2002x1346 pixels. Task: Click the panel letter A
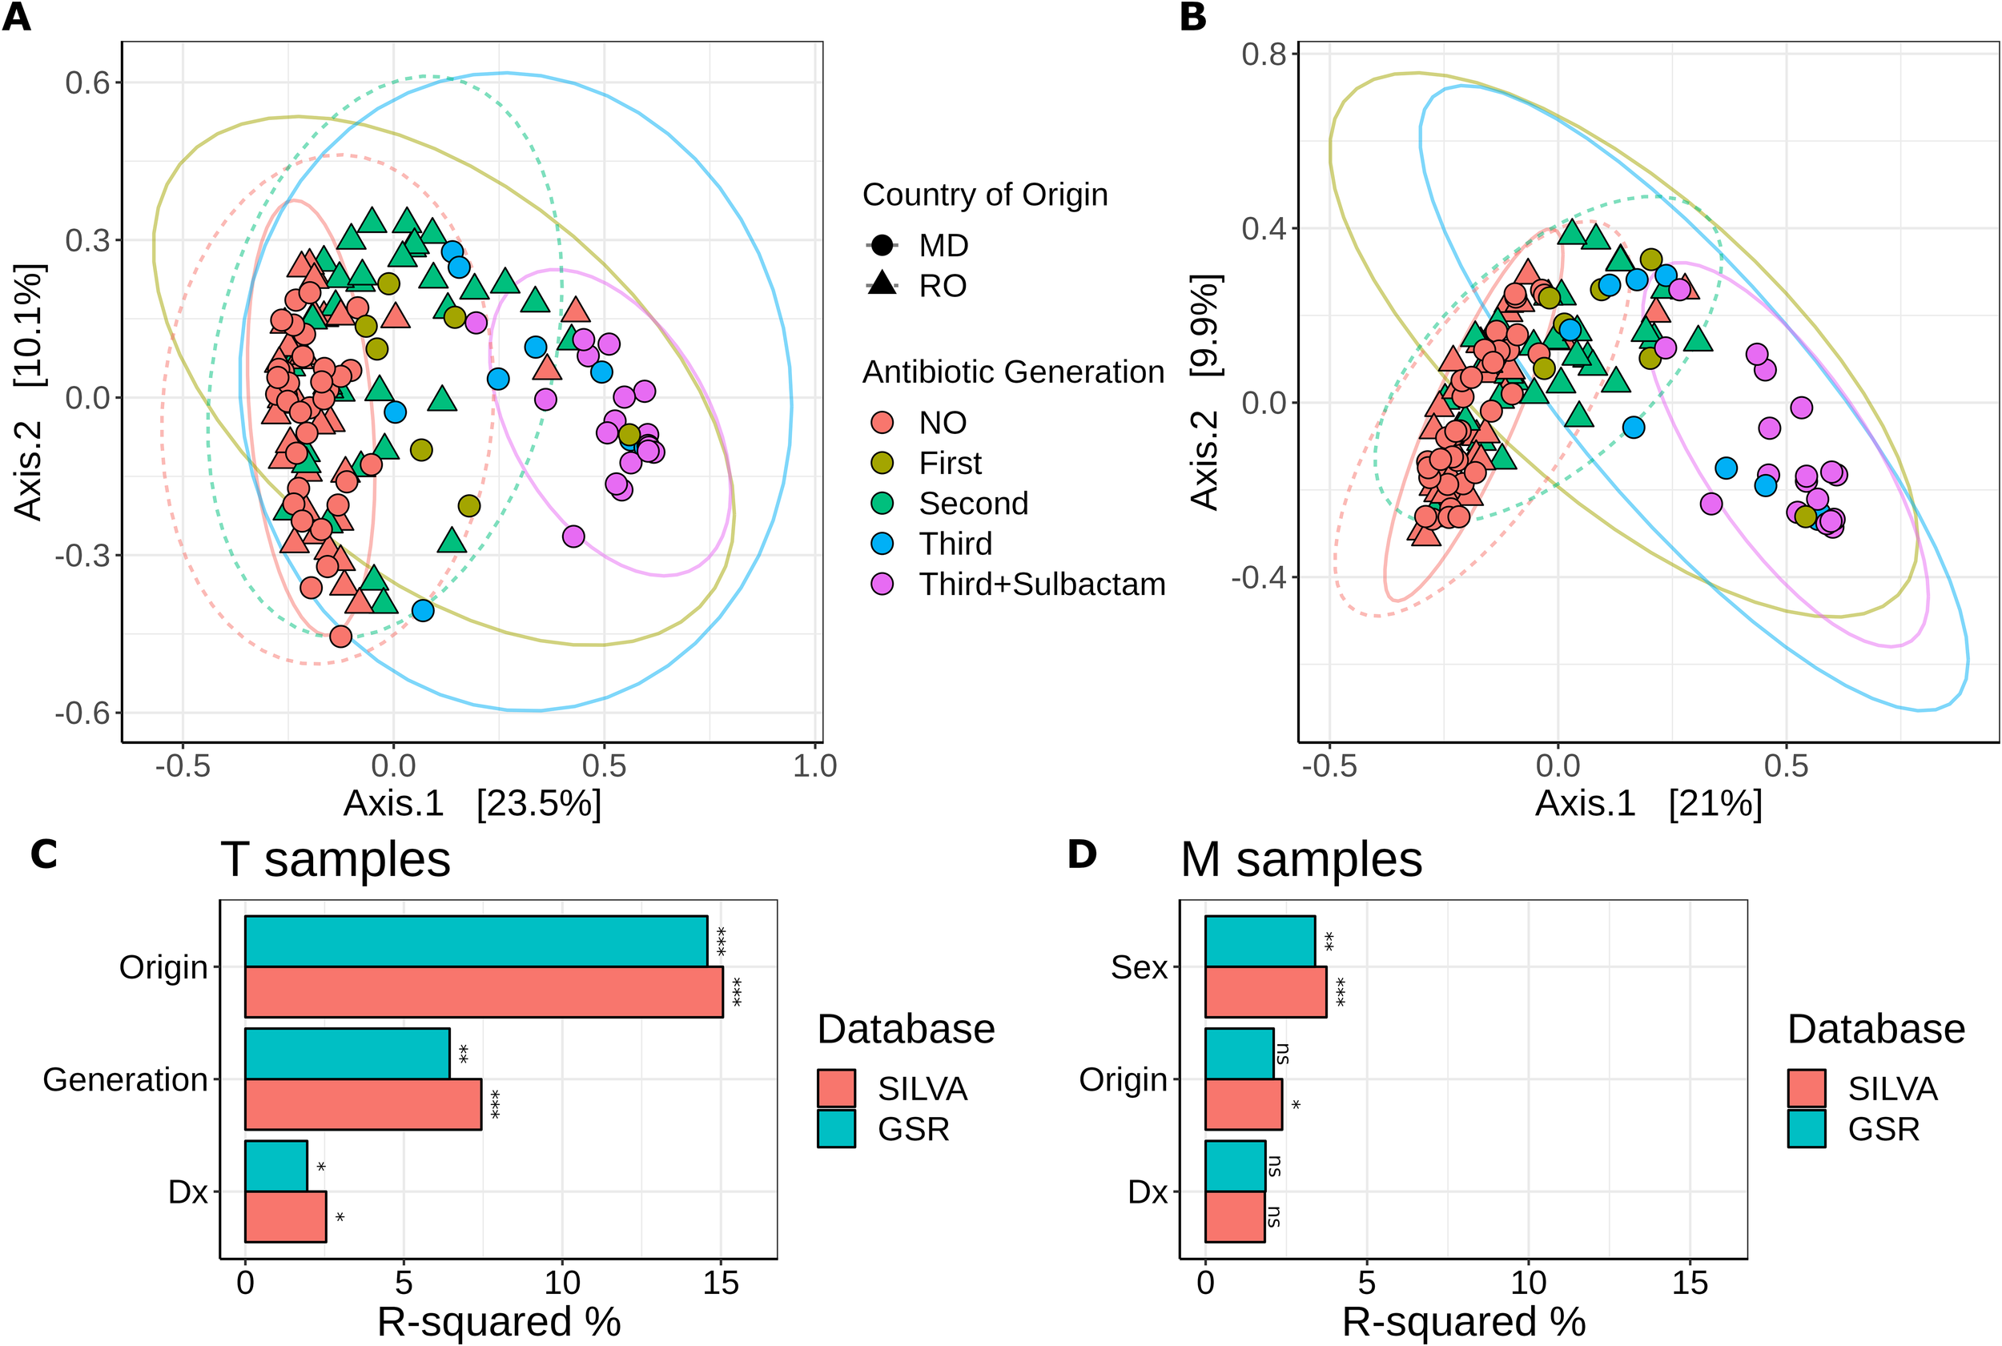pyautogui.click(x=16, y=17)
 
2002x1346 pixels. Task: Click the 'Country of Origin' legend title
pyautogui.click(x=985, y=195)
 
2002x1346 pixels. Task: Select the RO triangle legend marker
pyautogui.click(x=882, y=284)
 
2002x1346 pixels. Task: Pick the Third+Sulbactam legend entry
pyautogui.click(x=1041, y=584)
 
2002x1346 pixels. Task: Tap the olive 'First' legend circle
pyautogui.click(x=882, y=464)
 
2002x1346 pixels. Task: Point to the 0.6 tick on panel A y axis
pyautogui.click(x=88, y=82)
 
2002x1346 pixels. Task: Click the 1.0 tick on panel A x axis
pyautogui.click(x=814, y=765)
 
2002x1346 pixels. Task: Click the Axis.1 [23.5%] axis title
pyautogui.click(x=472, y=803)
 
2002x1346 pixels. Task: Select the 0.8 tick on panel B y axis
pyautogui.click(x=1264, y=54)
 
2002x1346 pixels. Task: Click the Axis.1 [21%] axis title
pyautogui.click(x=1647, y=803)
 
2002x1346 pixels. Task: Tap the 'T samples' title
pyautogui.click(x=335, y=859)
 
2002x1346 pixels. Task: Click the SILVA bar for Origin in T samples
pyautogui.click(x=484, y=992)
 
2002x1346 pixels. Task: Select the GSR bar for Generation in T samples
pyautogui.click(x=347, y=1053)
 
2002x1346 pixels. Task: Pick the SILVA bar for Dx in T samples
pyautogui.click(x=285, y=1216)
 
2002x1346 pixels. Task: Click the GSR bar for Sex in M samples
pyautogui.click(x=1260, y=941)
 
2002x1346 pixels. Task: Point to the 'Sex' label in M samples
pyautogui.click(x=1139, y=967)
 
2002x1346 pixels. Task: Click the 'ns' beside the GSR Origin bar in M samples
pyautogui.click(x=1284, y=1053)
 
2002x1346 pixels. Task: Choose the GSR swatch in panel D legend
pyautogui.click(x=1806, y=1129)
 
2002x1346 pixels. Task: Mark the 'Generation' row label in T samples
pyautogui.click(x=126, y=1079)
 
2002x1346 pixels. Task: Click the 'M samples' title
pyautogui.click(x=1300, y=859)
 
